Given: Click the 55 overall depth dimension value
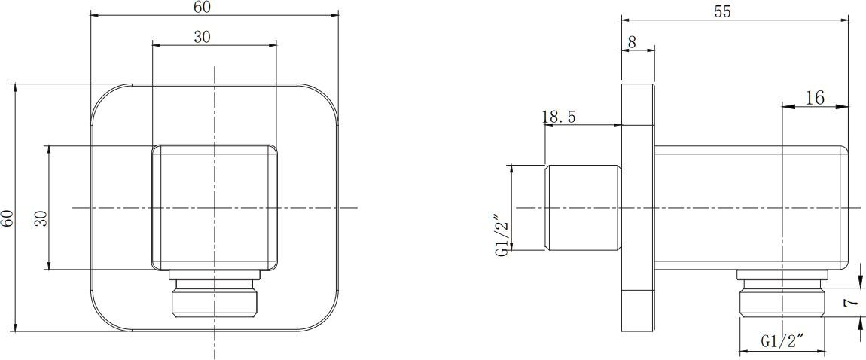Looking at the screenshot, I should (722, 11).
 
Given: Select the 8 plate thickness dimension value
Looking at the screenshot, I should (631, 42).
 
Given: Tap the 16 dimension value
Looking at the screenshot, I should (815, 97).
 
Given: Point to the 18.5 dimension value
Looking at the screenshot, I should (560, 117).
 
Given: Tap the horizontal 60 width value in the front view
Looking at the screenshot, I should (202, 7).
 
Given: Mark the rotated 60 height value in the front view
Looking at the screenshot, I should (8, 218).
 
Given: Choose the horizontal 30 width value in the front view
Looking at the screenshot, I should (202, 38).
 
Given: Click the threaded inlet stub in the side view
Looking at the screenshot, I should (581, 207).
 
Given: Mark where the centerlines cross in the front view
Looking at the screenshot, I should (215, 207).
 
